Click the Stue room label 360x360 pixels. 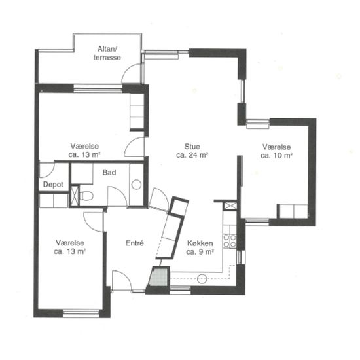192,146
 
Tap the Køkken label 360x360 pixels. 200,243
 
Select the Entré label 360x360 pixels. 135,243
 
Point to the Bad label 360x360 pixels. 109,172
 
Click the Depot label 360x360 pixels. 53,185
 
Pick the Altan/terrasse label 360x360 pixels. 107,53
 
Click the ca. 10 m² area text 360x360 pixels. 276,155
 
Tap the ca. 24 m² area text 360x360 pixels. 192,155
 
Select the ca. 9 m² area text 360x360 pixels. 200,252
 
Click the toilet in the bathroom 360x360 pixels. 86,196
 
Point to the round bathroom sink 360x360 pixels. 136,185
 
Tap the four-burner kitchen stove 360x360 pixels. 230,241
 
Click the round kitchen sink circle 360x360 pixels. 202,279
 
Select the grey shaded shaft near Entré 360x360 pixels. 158,278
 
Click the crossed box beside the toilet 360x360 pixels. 75,196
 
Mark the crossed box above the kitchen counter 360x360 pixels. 230,206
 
